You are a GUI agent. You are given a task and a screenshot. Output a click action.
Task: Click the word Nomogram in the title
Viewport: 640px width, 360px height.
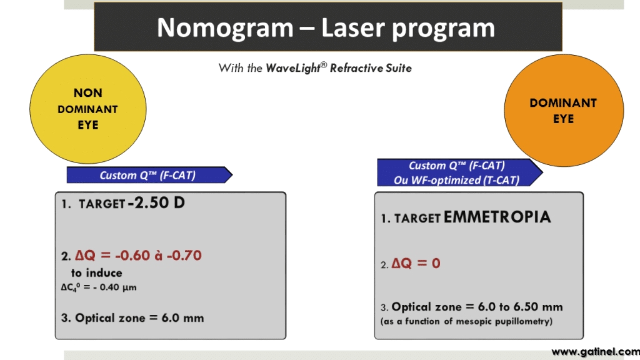pos(224,28)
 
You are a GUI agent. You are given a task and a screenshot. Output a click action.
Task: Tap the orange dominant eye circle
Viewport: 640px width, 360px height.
pos(564,111)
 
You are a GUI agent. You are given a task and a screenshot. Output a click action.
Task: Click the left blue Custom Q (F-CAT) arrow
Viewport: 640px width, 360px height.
pos(149,175)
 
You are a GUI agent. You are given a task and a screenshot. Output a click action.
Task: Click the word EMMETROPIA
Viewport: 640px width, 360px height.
pos(497,217)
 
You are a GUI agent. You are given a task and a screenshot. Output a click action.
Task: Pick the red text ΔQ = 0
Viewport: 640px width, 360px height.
pos(416,263)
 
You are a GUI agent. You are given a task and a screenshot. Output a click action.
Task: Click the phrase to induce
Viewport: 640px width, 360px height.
pos(96,272)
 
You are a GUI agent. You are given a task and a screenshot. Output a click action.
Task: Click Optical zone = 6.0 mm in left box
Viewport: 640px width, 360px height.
pos(132,317)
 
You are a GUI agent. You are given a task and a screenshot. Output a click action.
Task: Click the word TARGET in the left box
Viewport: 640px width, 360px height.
pos(102,205)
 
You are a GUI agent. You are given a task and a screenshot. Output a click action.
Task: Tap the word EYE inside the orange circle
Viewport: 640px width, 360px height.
pos(563,119)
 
